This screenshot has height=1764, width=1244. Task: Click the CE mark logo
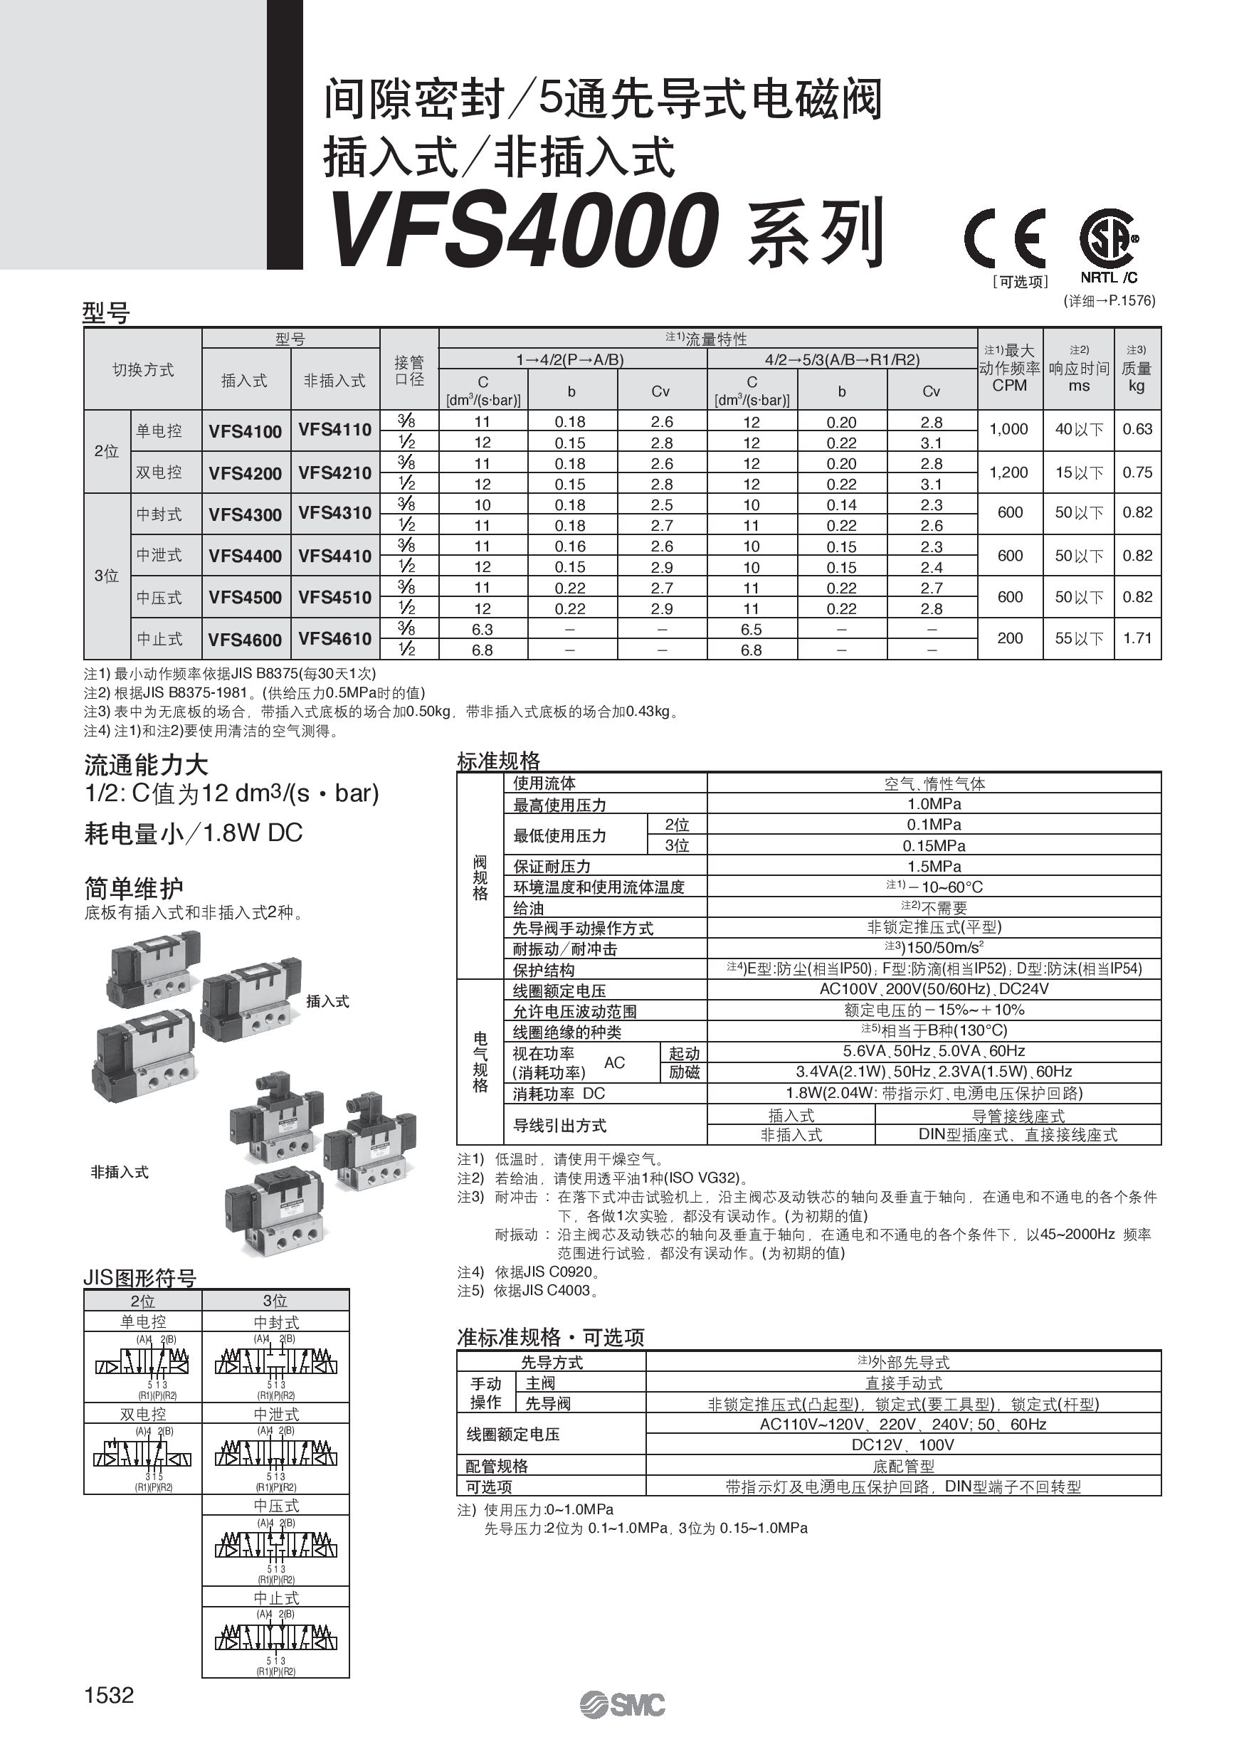[1005, 238]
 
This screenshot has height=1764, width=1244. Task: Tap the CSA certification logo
[1109, 238]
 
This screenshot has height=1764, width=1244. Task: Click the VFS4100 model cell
[245, 431]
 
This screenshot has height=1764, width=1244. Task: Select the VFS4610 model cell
[335, 638]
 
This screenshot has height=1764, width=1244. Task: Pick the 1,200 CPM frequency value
[1009, 472]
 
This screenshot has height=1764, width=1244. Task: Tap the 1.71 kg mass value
[1137, 638]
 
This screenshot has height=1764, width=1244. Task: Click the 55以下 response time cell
[1079, 638]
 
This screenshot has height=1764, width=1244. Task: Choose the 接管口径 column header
[408, 369]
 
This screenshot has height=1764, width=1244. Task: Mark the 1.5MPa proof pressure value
[934, 866]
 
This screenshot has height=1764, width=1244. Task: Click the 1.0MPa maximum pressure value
[934, 803]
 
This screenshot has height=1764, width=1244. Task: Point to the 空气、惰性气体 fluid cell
[934, 783]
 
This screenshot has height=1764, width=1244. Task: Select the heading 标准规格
[499, 761]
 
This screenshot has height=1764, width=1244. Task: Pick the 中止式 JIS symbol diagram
[276, 1640]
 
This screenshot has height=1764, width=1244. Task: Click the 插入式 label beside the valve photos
[327, 1001]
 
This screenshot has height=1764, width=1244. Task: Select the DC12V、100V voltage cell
[903, 1445]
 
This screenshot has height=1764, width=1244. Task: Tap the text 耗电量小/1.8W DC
[193, 833]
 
